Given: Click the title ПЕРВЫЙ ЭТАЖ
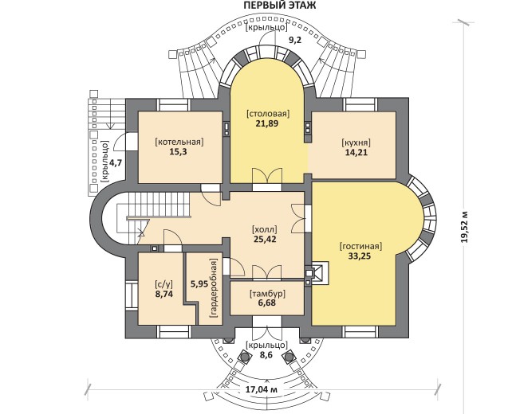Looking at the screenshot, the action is (280, 6).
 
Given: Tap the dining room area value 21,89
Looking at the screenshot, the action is (267, 123).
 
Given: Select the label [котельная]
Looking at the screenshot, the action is (179, 143).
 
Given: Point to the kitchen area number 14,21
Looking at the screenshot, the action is (356, 152).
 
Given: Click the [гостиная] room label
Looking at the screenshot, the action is (360, 247).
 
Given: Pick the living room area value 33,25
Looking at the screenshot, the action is (359, 256).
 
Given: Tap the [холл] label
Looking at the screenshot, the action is (265, 229).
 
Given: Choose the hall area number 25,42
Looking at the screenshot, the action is (265, 239).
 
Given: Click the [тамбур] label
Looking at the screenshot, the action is (267, 294).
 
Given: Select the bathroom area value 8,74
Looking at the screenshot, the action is (164, 294).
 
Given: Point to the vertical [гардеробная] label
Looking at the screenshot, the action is (214, 289).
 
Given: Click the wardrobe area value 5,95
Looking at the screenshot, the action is (199, 284).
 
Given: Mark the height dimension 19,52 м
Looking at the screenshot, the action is (464, 227).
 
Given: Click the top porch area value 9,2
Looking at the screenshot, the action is (295, 40).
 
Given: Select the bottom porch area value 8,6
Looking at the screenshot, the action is (266, 355).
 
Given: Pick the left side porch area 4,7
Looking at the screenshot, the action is (116, 162).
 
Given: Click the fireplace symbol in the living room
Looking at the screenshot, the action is (317, 273).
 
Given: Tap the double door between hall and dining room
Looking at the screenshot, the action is (267, 177).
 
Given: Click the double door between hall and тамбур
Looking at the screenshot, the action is (267, 272).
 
